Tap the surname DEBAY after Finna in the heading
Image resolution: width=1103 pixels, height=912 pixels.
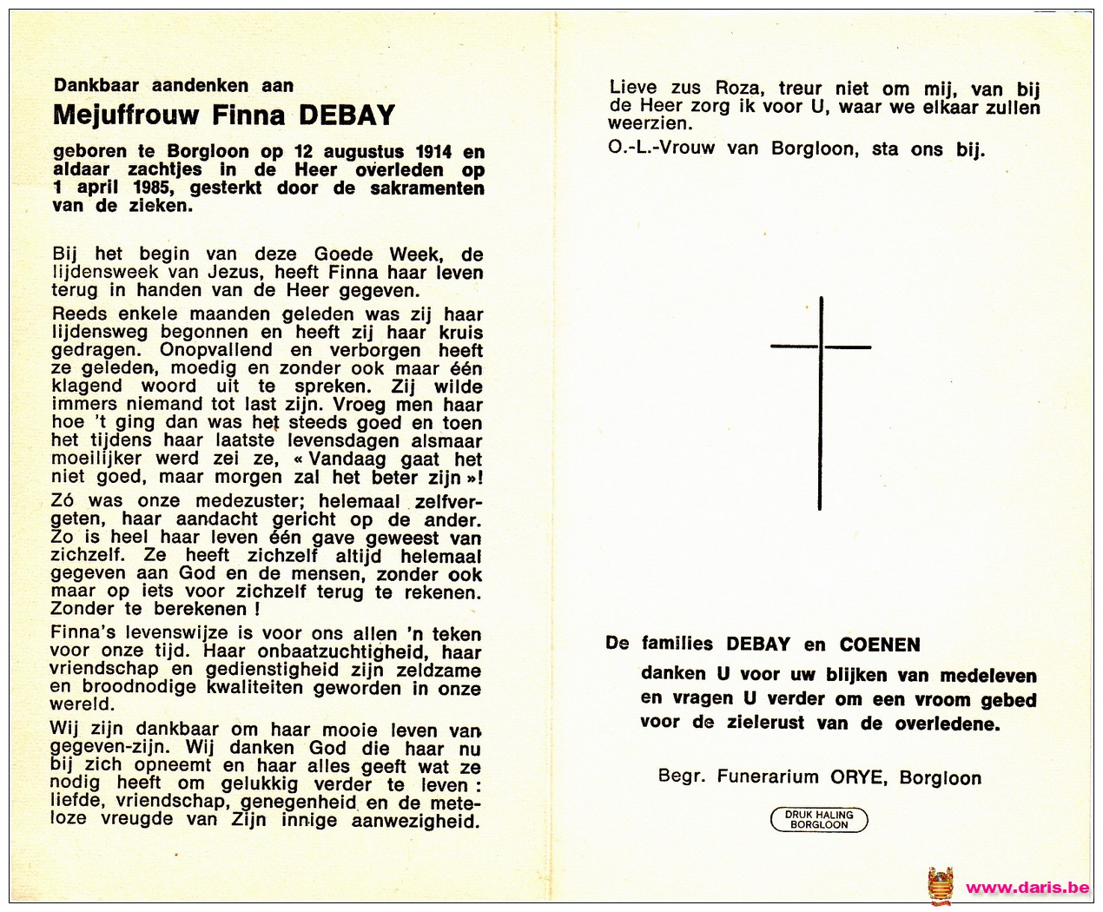click(x=347, y=116)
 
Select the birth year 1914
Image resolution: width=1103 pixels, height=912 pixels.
click(x=433, y=152)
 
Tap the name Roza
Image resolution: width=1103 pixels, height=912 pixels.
click(x=737, y=88)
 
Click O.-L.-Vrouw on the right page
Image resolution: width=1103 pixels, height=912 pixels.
click(x=661, y=149)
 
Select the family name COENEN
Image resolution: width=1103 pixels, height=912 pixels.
click(x=880, y=644)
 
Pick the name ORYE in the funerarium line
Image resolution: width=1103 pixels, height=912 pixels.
click(x=858, y=777)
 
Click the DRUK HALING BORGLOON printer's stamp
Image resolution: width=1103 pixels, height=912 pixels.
click(x=819, y=819)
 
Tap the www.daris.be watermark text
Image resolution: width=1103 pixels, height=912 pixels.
click(x=1027, y=888)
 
